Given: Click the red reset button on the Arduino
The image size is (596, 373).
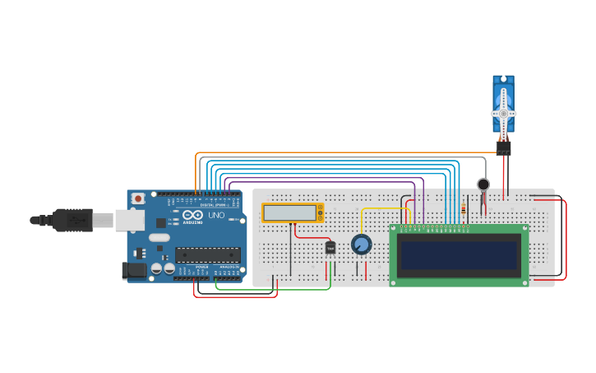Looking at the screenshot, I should pos(138,198).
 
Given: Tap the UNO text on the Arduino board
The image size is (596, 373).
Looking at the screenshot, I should pos(216,215).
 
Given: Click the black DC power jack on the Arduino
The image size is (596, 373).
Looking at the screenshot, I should pos(134,270).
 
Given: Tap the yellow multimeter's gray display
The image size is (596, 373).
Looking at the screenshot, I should pos(289,212).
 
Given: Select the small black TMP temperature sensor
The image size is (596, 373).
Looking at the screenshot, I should pos(330,247).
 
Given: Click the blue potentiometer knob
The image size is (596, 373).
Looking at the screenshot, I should pos(361,245).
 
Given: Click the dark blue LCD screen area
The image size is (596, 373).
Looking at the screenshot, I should pos(459,255).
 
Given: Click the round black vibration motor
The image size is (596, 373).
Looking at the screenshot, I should pos(483,184).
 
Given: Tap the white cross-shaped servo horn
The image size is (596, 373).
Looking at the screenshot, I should pos(503,113).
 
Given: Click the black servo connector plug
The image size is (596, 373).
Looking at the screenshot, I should pos(503,147).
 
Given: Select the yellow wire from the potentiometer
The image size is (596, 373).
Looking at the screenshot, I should pos(382,208).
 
